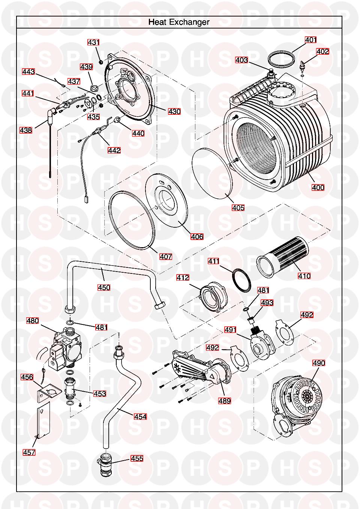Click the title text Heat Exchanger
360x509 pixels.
(179, 22)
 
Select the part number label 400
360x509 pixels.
(318, 187)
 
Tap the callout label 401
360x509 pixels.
(310, 39)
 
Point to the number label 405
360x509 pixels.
(238, 207)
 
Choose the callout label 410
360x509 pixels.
(304, 276)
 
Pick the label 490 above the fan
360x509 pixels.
(319, 363)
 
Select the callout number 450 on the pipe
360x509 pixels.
(104, 287)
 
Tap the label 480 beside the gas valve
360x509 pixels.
(33, 321)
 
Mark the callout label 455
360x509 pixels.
(137, 458)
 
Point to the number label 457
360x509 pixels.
(29, 452)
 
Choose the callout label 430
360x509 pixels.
(174, 111)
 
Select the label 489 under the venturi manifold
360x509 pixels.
(225, 401)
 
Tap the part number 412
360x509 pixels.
(183, 278)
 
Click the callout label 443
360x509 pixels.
(28, 72)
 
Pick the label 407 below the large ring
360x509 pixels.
(166, 257)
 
